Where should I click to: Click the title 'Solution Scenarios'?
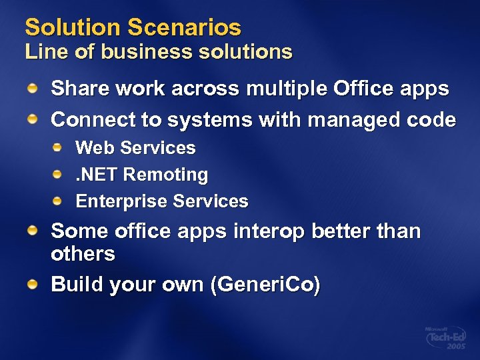[x=133, y=27]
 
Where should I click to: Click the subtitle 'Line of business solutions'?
[x=159, y=51]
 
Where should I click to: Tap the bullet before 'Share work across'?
[x=32, y=88]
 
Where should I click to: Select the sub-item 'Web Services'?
[x=135, y=147]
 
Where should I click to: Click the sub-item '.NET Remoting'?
[x=141, y=175]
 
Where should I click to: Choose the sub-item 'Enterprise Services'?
[x=161, y=201]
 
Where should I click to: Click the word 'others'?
[x=83, y=254]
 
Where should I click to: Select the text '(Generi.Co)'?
[x=265, y=285]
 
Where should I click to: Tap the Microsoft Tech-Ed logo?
[x=445, y=338]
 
